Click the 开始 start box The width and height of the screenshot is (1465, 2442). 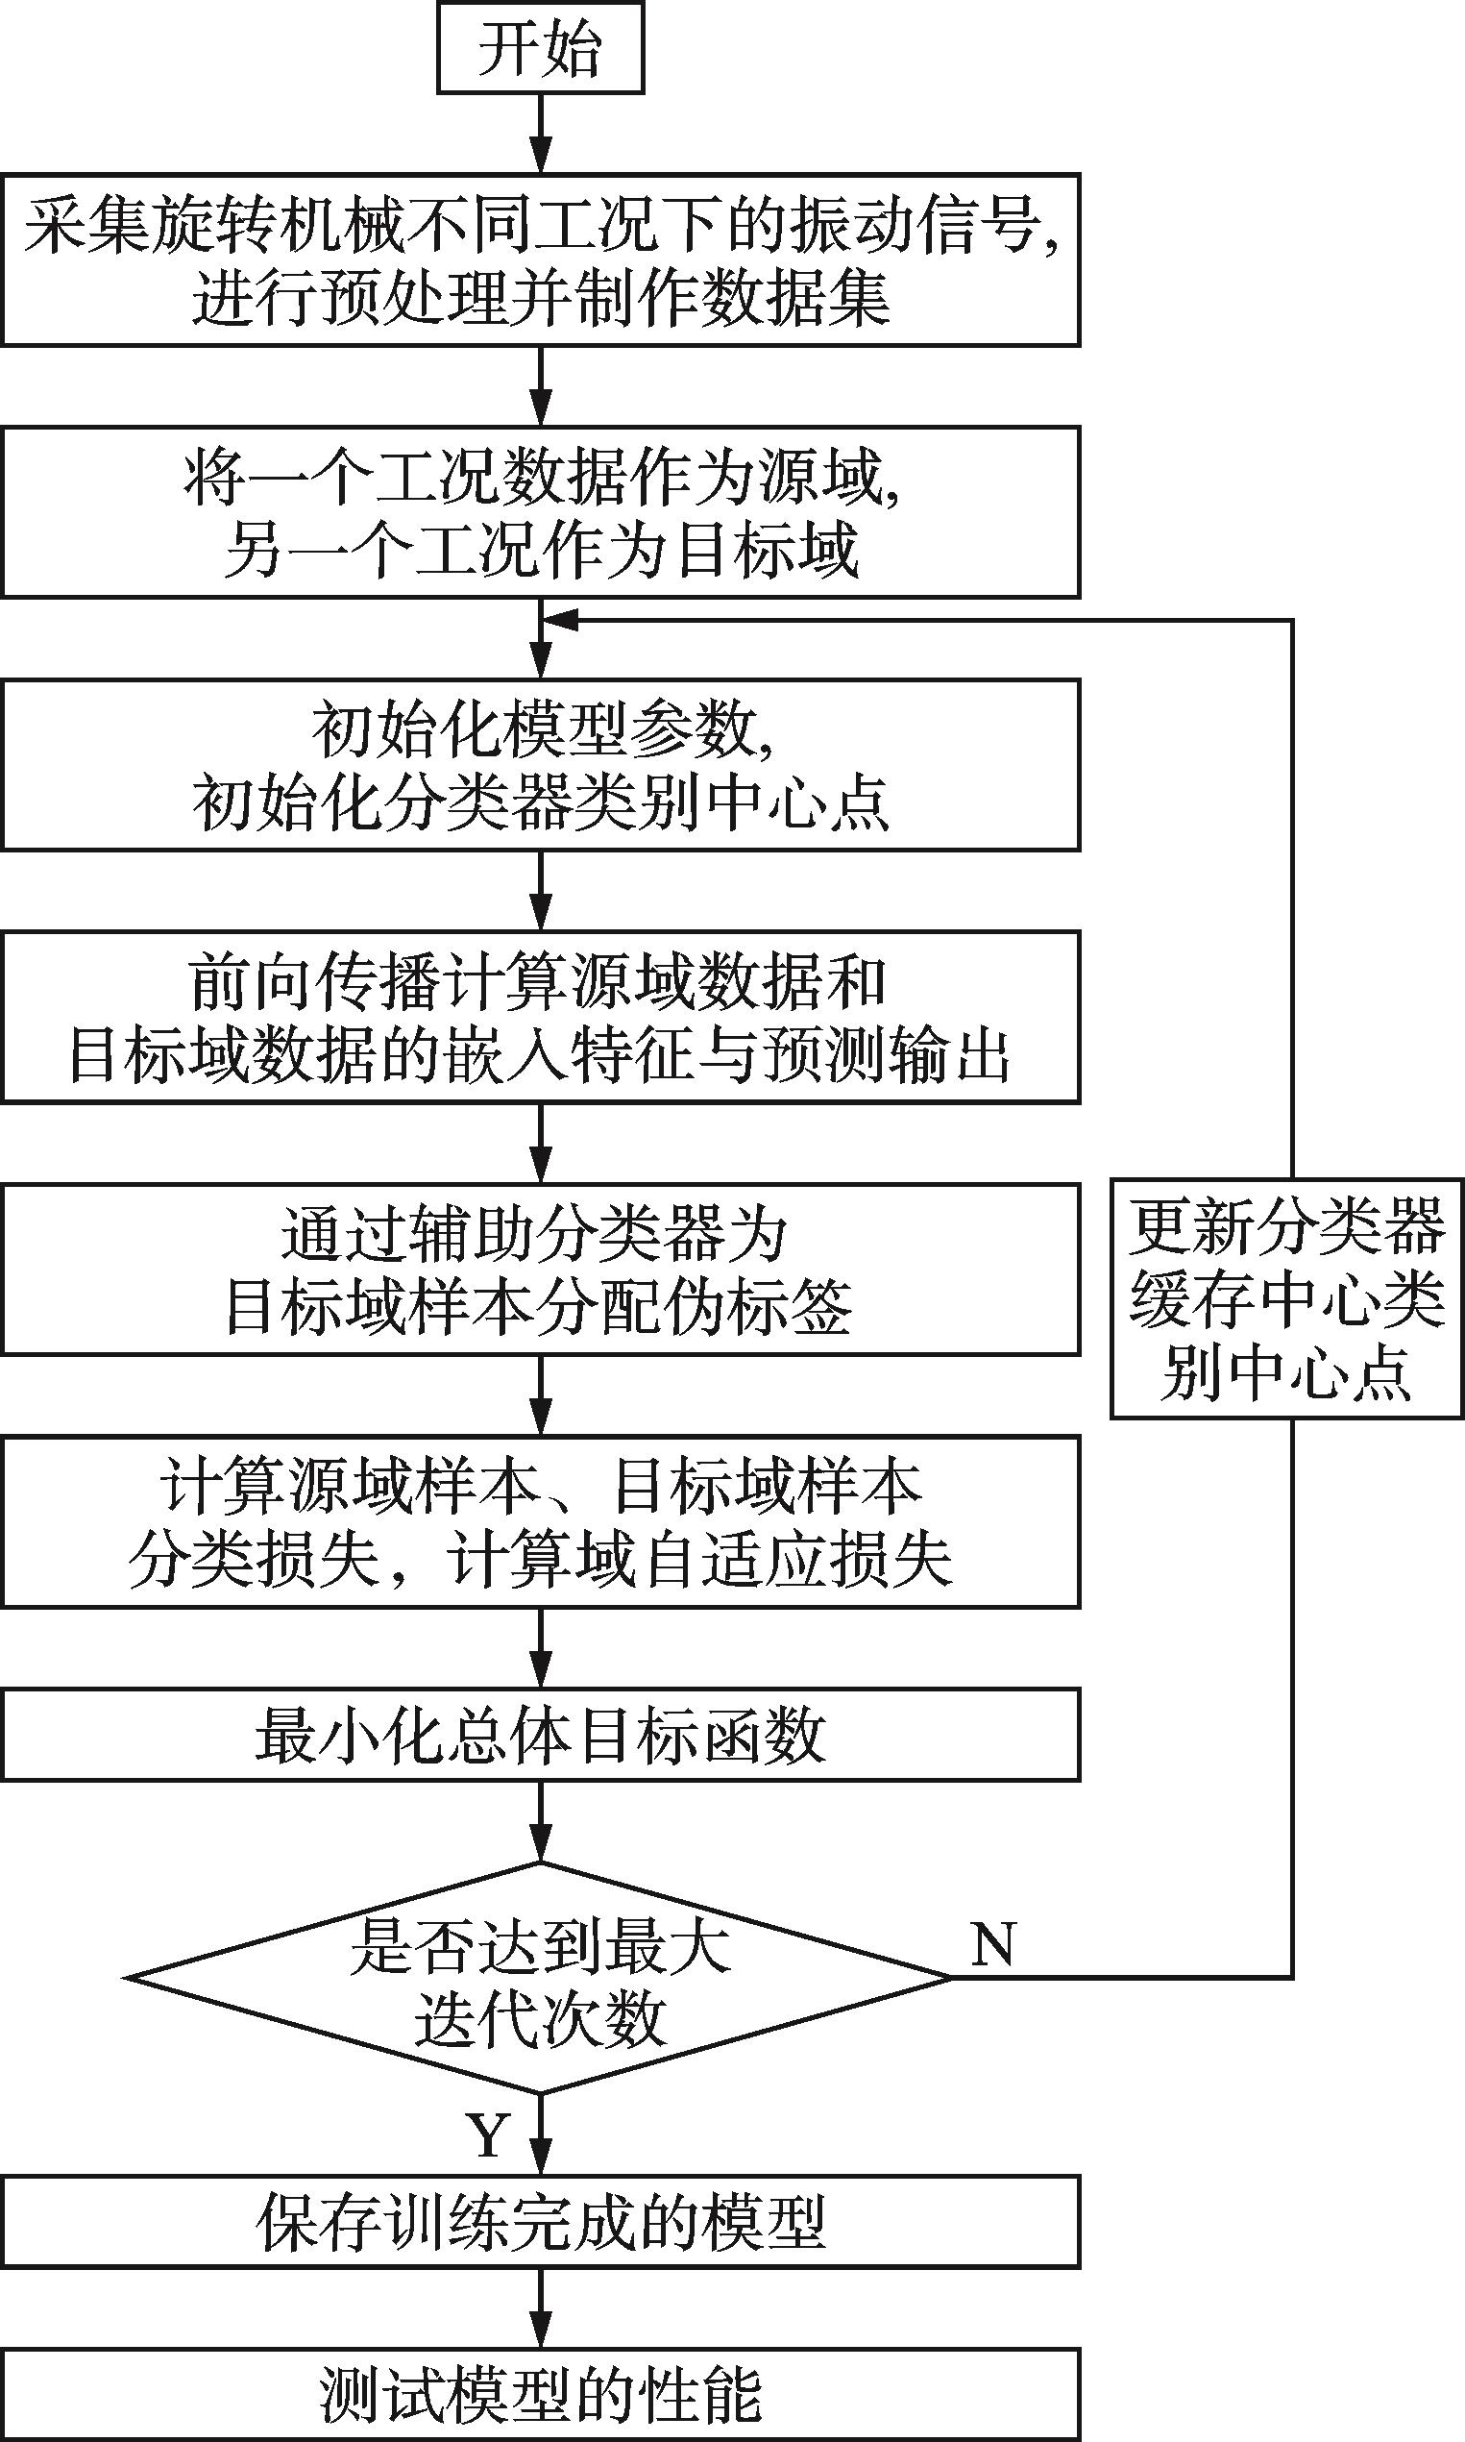pos(540,48)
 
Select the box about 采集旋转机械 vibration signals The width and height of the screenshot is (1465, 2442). pos(540,259)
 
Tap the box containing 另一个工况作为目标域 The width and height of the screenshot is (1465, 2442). pos(540,512)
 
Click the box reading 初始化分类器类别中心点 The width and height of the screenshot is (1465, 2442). pos(540,764)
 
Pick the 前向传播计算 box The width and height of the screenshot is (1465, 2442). pos(540,1017)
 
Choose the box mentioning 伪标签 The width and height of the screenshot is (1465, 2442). pos(540,1270)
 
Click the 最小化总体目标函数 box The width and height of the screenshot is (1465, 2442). pos(540,1735)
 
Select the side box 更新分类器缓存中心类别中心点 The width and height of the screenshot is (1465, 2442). pos(1286,1298)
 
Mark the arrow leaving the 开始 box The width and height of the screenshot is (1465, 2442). pos(541,134)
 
